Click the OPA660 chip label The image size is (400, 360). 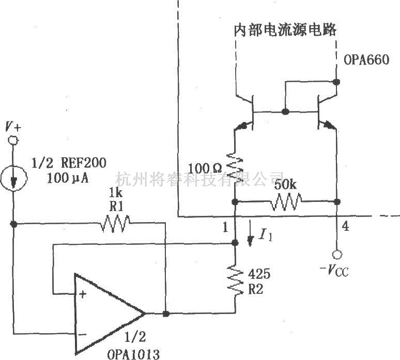tap(366, 60)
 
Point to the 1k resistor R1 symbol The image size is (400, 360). tap(116, 224)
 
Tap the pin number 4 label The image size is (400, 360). tap(345, 226)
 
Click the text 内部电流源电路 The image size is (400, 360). tap(285, 29)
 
